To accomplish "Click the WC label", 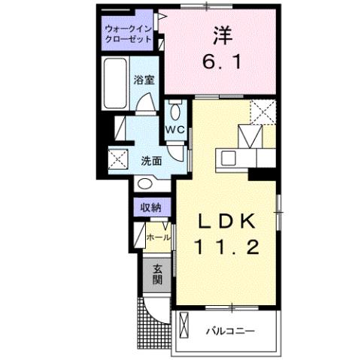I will (174, 129).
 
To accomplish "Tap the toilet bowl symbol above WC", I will (174, 112).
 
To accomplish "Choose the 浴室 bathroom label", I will (144, 79).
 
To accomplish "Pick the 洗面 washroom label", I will (152, 159).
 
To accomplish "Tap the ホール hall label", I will (158, 237).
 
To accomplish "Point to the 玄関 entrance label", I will (158, 275).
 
